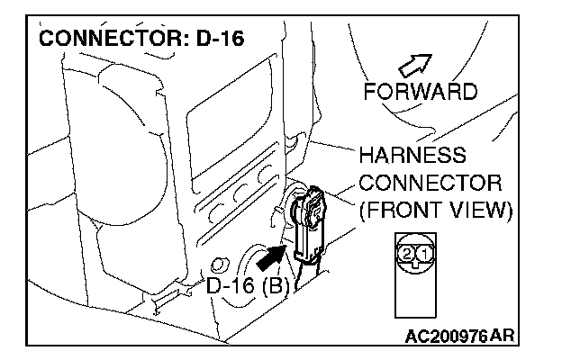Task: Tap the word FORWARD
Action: click(x=420, y=92)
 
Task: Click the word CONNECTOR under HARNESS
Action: click(x=430, y=183)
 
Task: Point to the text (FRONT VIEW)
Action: click(x=435, y=211)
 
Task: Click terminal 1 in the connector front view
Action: click(x=424, y=255)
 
